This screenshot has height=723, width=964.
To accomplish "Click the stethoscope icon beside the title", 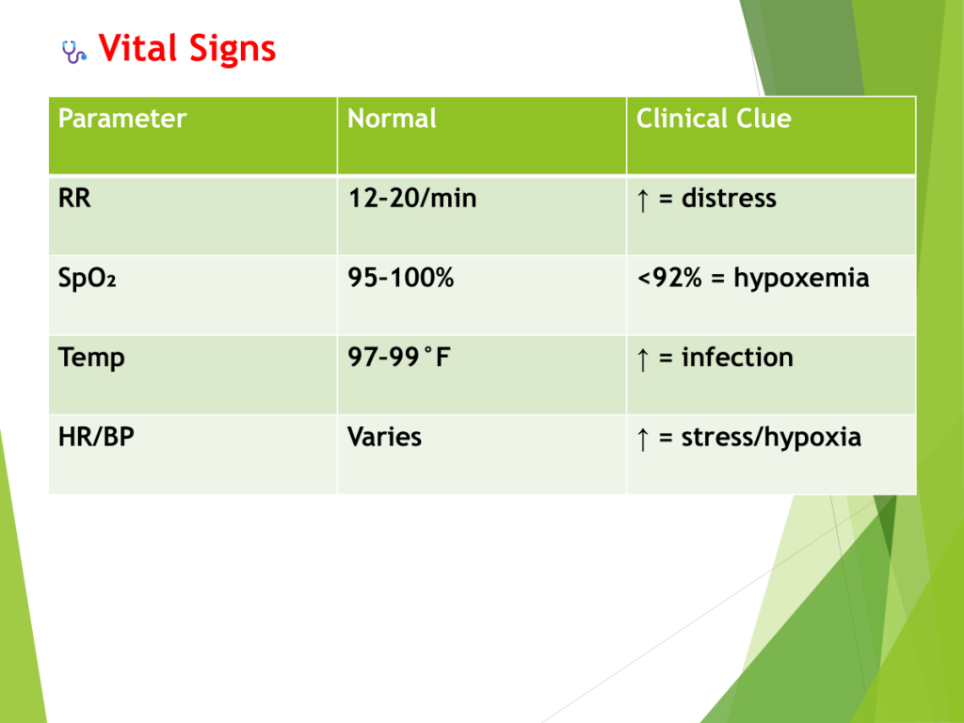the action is [x=73, y=52].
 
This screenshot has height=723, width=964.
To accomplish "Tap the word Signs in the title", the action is [x=233, y=50].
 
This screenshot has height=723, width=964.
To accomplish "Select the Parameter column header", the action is [x=121, y=118].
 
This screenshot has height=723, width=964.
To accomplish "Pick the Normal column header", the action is [x=392, y=118].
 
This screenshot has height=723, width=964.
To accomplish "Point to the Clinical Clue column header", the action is [x=714, y=118].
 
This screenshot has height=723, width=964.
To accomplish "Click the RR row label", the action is [x=74, y=198].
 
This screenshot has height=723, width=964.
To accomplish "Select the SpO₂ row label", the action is [x=87, y=279].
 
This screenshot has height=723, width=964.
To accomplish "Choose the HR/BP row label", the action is [x=96, y=437].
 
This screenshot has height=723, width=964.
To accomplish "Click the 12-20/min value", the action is [x=412, y=198].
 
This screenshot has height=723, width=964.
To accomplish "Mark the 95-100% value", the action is [x=400, y=278].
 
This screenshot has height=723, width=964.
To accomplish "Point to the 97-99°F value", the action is [x=399, y=357].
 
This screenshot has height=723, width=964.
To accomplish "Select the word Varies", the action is [x=384, y=437].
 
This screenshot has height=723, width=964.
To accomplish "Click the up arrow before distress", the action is [x=643, y=201].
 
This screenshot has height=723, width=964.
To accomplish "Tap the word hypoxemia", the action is [x=801, y=279].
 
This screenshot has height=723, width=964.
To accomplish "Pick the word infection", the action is [x=737, y=357].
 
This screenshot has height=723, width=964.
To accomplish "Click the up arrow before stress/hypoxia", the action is [x=643, y=439].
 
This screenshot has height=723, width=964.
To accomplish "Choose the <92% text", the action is [x=669, y=278].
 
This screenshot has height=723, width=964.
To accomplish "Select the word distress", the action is [x=729, y=198].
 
